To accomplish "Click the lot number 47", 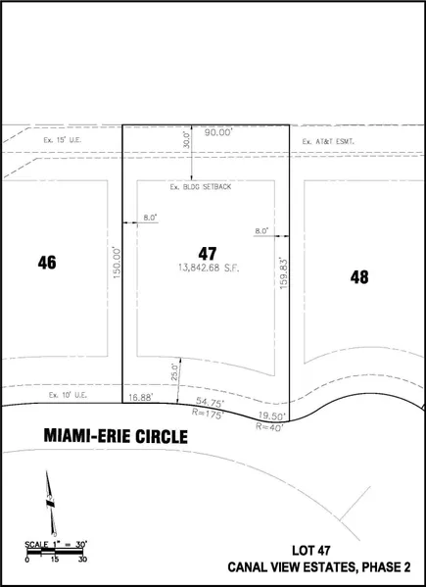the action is (x=208, y=254).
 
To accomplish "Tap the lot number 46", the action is (x=47, y=263).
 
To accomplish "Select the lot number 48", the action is (x=359, y=277).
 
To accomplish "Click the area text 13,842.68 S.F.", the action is (x=209, y=269).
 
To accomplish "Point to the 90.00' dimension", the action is (x=218, y=132).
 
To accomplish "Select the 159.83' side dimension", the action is (x=283, y=272).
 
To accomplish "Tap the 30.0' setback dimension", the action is (x=187, y=139).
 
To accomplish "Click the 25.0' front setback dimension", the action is (x=174, y=372).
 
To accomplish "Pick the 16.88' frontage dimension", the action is (x=140, y=398).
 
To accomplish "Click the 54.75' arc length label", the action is (x=210, y=403).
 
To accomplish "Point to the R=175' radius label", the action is (x=208, y=414).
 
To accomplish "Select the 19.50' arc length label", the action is (x=272, y=416).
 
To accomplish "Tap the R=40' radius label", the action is (x=269, y=426).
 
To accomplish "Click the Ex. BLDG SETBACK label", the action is (x=201, y=187).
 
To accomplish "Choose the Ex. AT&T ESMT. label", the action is (x=328, y=141).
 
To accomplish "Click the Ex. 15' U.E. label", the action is (x=63, y=140).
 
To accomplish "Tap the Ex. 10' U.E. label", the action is (x=68, y=395).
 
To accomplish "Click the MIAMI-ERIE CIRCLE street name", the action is (x=116, y=436).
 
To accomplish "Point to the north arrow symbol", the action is (x=51, y=503).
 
